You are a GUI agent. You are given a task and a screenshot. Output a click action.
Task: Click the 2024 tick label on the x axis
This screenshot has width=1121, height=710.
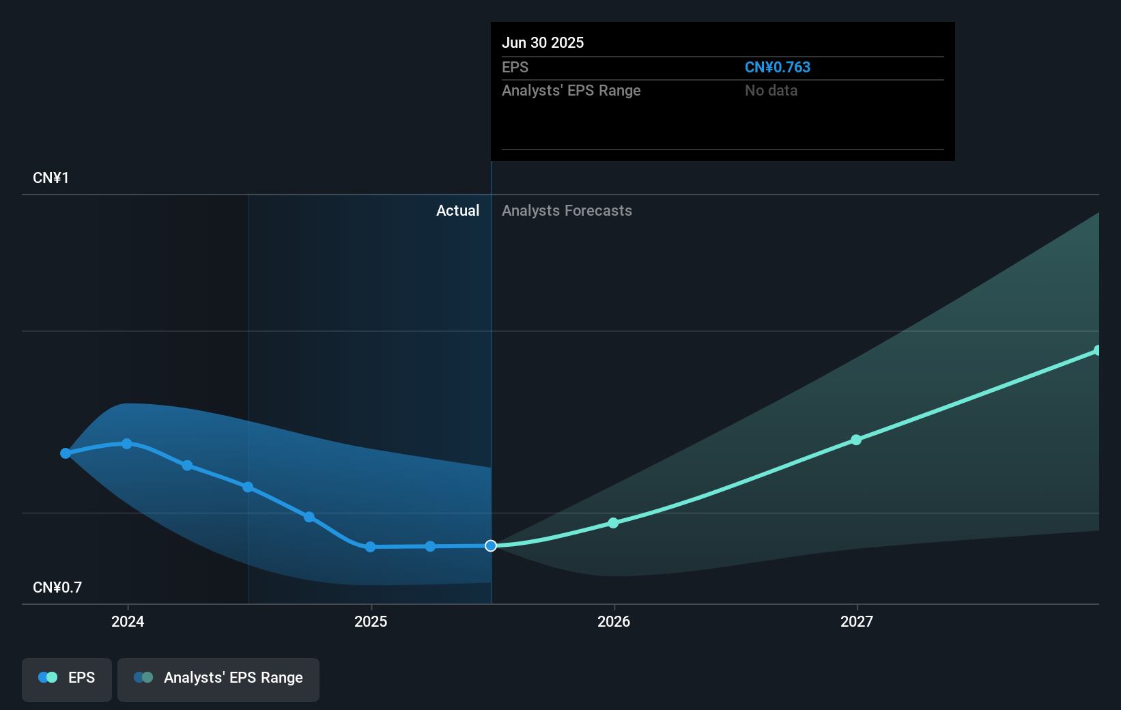[128, 621]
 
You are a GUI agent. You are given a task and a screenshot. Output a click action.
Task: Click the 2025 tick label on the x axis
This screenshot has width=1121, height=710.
[371, 621]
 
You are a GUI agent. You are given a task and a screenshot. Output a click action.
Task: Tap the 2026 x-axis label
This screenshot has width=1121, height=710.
[614, 621]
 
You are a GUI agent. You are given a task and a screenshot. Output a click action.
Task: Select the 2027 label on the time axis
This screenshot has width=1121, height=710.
[857, 621]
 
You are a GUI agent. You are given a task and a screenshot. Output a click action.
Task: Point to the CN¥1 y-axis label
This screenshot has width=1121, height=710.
[51, 178]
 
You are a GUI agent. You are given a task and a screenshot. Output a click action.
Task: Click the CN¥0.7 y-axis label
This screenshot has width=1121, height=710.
[57, 588]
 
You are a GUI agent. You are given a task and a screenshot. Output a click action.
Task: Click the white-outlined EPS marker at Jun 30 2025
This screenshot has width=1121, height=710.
[491, 545]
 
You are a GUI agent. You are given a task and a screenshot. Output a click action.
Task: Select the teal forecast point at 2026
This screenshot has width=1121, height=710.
[613, 523]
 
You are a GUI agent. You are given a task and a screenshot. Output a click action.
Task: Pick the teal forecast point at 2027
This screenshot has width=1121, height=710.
[856, 440]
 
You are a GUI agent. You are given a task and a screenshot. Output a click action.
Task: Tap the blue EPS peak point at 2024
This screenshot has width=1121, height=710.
[127, 444]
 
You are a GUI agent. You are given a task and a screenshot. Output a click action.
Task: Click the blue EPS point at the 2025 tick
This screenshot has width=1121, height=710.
[370, 547]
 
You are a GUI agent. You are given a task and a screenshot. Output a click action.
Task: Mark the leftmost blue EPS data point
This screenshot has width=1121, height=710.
[66, 453]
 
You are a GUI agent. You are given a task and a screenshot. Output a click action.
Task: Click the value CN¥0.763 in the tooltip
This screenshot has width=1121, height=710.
[777, 68]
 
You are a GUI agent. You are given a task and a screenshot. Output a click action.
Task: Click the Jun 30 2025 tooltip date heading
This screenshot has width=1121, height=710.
[543, 43]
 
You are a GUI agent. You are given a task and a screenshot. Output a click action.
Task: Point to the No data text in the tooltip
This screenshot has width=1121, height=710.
[771, 91]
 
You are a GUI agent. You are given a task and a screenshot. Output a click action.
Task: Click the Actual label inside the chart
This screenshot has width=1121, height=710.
[457, 211]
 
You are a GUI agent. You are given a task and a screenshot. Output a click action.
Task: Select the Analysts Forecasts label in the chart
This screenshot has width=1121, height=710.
[567, 211]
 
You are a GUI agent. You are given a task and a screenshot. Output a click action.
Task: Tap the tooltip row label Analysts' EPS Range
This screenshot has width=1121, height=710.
[571, 91]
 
